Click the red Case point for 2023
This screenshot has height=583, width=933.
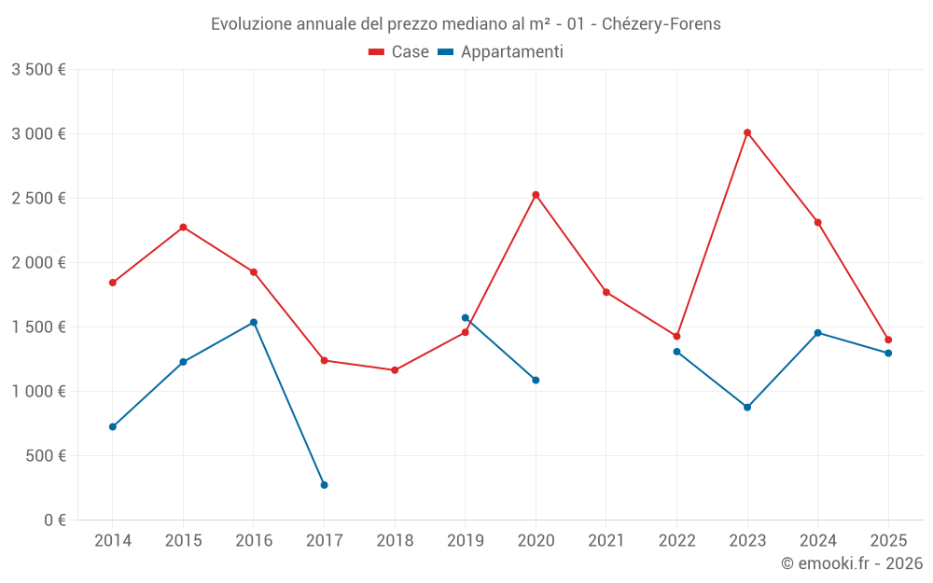[x=747, y=132]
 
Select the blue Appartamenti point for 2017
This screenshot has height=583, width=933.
[x=324, y=485]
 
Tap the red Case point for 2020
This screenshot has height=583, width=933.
[x=536, y=195]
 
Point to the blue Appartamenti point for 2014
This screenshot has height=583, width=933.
[x=113, y=427]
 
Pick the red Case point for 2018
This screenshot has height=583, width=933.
[x=395, y=370]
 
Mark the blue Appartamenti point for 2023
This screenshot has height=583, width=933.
[x=747, y=408]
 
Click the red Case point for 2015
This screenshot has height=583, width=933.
[x=183, y=227]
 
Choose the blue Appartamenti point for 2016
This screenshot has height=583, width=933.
[x=254, y=323]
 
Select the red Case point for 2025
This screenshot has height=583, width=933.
[x=888, y=340]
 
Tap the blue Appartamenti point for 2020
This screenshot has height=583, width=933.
[x=536, y=381]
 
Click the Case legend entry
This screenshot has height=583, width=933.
[x=399, y=52]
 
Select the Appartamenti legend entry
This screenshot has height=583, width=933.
[x=501, y=52]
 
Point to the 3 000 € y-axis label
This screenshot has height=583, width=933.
[x=39, y=133]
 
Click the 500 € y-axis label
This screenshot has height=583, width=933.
[x=45, y=455]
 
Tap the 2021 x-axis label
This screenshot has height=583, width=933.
[x=606, y=540]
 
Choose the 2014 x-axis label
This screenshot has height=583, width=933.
[x=113, y=540]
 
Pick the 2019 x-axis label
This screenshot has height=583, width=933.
[x=466, y=540]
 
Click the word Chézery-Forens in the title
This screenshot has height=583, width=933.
[x=661, y=23]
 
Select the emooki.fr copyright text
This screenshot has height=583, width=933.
[x=852, y=563]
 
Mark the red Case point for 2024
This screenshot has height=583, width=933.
[x=818, y=222]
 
